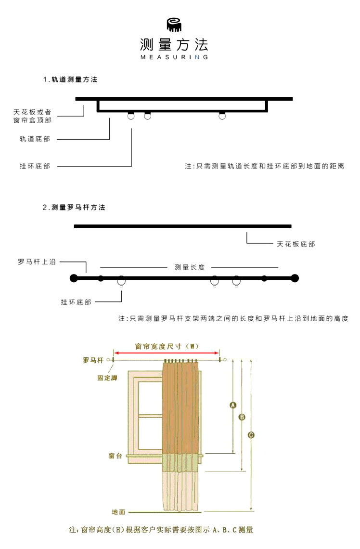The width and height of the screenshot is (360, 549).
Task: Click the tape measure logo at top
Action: (x=174, y=25)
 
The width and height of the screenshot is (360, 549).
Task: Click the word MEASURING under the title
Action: (x=174, y=57)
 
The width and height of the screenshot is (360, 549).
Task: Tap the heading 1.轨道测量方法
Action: (x=70, y=79)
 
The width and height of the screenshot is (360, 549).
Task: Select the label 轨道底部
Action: (x=35, y=139)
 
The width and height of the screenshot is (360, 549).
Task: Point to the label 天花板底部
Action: (x=296, y=244)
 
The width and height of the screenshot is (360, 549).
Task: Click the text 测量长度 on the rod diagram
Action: (x=190, y=267)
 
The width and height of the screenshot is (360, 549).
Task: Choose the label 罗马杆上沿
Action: (x=37, y=262)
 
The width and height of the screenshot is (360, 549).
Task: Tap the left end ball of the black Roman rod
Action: (x=74, y=278)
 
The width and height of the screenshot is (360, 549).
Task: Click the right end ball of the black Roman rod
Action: (x=295, y=278)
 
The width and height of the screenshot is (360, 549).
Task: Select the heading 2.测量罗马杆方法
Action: (x=74, y=208)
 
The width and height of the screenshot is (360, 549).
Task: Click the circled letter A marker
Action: (x=233, y=405)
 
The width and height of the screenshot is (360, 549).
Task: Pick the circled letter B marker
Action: (x=242, y=417)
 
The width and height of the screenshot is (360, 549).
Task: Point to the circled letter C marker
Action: (x=251, y=435)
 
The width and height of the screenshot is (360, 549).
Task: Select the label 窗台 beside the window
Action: (x=116, y=455)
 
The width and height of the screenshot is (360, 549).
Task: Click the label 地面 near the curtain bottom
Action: (x=118, y=512)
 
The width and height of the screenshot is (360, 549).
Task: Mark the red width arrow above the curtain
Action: (x=166, y=353)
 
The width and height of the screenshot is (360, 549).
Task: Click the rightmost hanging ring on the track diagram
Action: (x=222, y=116)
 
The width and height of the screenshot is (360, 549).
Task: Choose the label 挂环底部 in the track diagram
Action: (x=35, y=166)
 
